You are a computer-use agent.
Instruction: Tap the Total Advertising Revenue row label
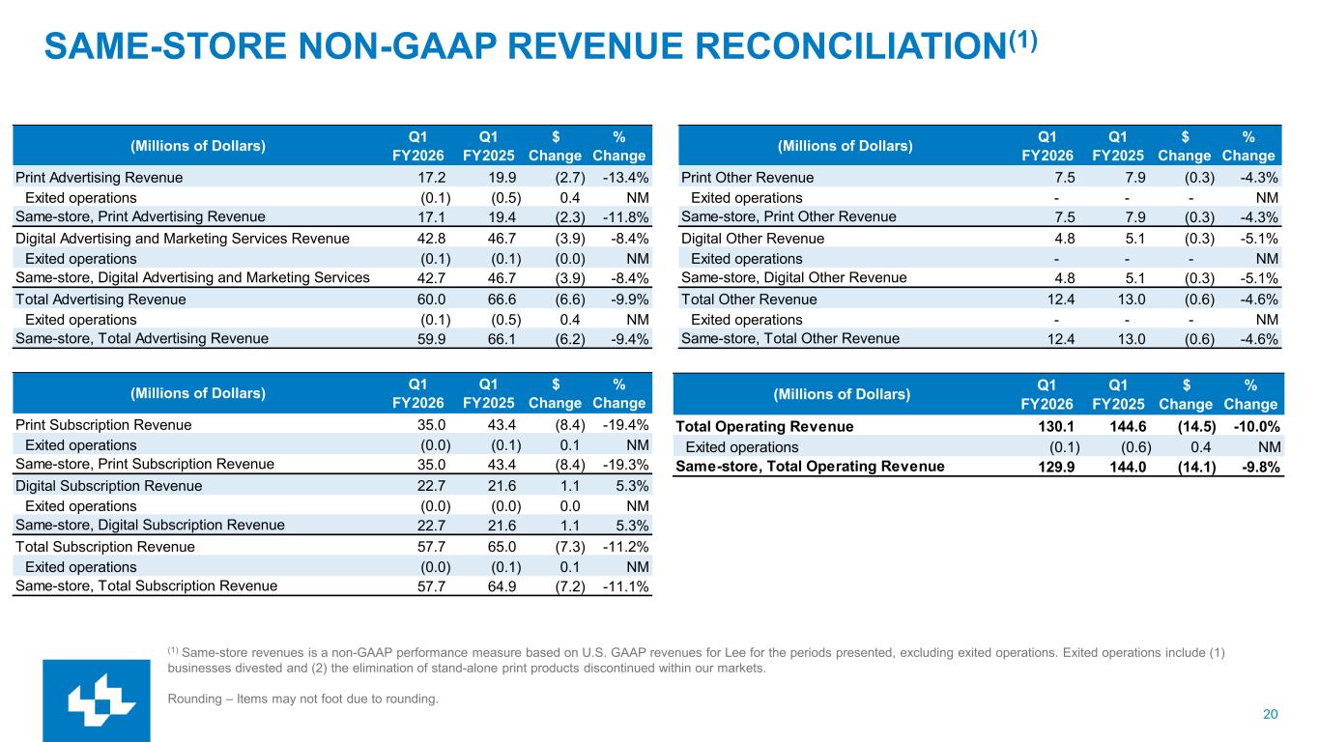[x=100, y=300]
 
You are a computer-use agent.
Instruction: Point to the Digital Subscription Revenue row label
[x=108, y=486]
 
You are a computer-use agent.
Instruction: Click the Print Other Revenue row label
[x=747, y=178]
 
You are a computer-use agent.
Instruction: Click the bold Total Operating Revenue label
[x=764, y=427]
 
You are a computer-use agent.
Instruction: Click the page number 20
[x=1270, y=714]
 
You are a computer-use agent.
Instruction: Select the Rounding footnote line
[x=302, y=699]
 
